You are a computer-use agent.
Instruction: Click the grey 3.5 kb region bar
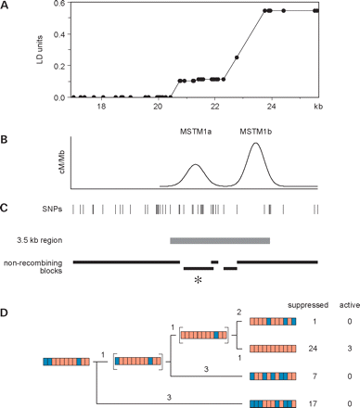(220, 240)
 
